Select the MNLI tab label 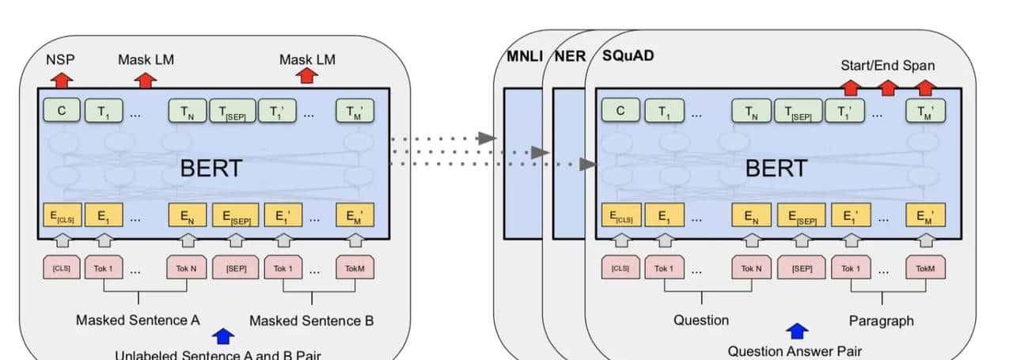pos(524,57)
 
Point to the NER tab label pos(570,57)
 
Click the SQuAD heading pos(628,57)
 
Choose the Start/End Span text pos(887,65)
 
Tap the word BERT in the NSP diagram pos(211,168)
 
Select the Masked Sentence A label pos(138,320)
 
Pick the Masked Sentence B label pos(311,320)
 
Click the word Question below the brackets pos(701,320)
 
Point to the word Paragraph pos(881,320)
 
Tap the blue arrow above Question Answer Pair pos(797,331)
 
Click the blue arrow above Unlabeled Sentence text pos(224,335)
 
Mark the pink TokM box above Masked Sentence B pos(355,268)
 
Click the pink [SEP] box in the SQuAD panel pos(800,268)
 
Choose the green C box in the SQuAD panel pos(620,111)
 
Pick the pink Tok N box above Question pos(751,268)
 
